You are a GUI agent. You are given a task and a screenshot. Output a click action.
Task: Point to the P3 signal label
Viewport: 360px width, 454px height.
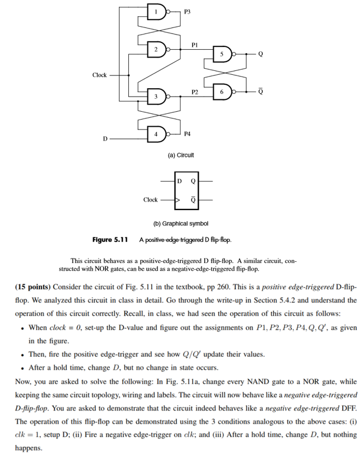point(187,11)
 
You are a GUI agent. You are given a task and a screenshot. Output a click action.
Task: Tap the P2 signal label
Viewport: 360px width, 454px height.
point(194,91)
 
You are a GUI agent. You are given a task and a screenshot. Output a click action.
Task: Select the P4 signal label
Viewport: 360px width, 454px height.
point(187,134)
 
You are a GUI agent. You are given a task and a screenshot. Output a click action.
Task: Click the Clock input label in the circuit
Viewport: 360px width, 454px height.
point(99,75)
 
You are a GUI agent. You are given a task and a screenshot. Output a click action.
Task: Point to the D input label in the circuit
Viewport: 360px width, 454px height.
point(104,138)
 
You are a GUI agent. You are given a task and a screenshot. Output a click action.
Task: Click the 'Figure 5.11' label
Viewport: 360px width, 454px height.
point(110,240)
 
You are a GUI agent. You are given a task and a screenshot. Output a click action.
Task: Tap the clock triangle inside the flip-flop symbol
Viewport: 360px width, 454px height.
point(178,199)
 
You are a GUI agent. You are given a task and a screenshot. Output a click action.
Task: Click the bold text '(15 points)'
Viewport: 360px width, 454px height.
point(33,286)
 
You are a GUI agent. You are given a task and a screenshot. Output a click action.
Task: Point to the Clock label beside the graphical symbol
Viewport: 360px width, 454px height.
point(150,199)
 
